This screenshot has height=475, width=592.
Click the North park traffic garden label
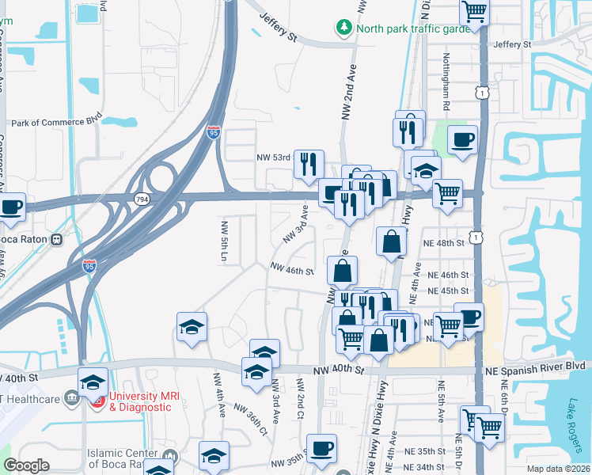click(412, 29)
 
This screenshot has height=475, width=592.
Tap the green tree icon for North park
click(344, 28)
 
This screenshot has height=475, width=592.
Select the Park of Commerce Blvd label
click(57, 123)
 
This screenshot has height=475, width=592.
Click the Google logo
click(26, 465)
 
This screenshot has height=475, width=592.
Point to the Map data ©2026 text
click(557, 469)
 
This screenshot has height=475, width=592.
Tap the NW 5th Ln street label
click(225, 243)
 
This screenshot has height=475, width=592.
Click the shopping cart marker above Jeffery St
click(474, 11)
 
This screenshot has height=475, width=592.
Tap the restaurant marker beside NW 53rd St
click(309, 164)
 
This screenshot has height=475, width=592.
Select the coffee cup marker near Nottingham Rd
click(462, 139)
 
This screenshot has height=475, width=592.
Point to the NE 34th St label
click(435, 467)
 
